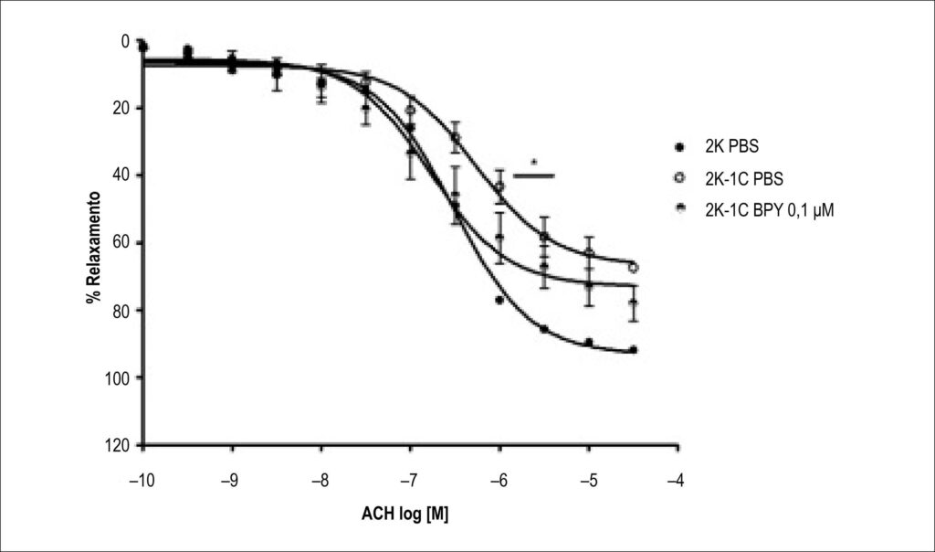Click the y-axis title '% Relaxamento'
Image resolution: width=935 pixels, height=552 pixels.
pos(93,247)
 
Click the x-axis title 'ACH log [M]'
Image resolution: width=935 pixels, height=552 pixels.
pos(404,514)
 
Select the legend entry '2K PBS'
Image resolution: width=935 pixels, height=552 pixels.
pos(731,147)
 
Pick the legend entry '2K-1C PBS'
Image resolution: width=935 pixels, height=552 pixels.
pos(744,178)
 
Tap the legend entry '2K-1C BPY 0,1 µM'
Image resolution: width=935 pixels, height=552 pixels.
pos(769,210)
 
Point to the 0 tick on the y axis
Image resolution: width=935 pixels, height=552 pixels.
pos(124,41)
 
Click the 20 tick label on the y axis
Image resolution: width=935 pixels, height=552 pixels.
pos(121,108)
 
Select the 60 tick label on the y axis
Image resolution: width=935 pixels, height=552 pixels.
pos(121,243)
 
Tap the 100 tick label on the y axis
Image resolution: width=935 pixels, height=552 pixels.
pos(117,377)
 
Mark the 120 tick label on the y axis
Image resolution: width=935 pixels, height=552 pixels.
pos(117,445)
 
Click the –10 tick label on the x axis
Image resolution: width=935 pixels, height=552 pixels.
pos(142,481)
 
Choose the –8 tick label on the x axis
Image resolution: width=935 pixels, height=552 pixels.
pos(320,481)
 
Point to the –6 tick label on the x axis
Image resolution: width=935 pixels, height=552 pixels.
pos(499,481)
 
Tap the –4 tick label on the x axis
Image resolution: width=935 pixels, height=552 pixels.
pos(676,481)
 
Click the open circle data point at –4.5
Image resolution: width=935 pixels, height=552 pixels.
pos(633,268)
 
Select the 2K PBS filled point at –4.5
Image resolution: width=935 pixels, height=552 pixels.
pos(634,350)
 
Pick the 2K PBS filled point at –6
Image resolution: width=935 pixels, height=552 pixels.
pos(499,300)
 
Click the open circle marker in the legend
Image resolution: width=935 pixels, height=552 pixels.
pos(679,178)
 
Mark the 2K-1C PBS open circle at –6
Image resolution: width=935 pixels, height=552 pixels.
pos(499,186)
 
